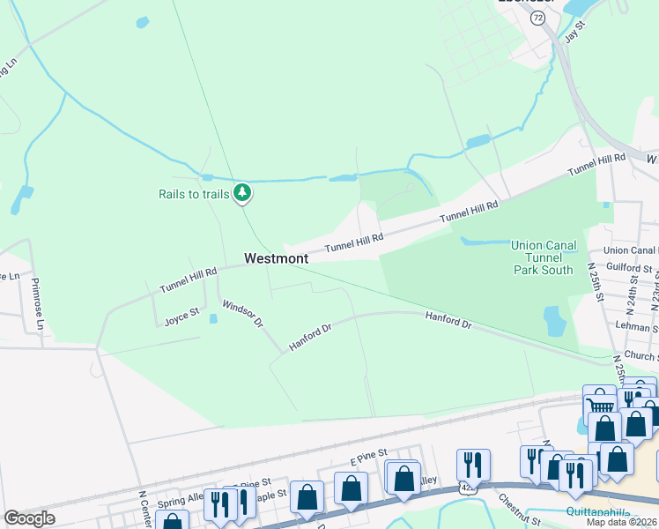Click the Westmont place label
click(x=276, y=258)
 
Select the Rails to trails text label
click(x=194, y=194)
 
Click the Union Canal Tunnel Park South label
click(x=543, y=257)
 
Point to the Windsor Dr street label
click(x=242, y=313)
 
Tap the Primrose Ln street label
click(x=37, y=304)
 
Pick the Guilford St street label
click(x=630, y=267)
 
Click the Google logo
click(x=29, y=518)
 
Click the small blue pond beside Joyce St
click(x=211, y=319)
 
